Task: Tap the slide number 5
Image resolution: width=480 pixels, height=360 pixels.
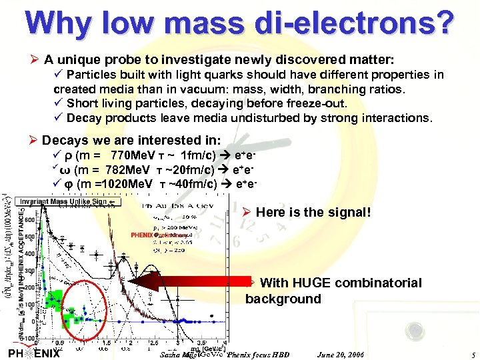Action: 471,355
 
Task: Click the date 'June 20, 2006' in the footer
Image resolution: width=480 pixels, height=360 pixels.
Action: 342,355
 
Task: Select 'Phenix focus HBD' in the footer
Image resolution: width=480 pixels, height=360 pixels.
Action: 258,355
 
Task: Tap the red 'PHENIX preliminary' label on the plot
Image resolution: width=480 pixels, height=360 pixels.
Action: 150,235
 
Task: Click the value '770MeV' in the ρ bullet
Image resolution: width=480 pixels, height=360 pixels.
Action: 133,155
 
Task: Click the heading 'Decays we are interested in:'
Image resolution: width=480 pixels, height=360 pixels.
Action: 131,140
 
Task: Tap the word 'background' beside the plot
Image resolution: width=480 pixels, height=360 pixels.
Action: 283,299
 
